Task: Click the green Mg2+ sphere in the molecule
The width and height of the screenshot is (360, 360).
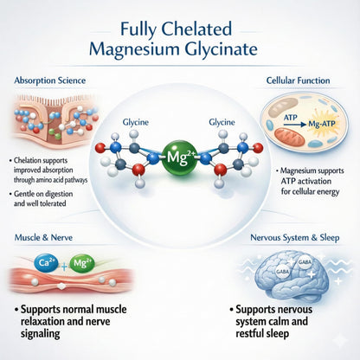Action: click(x=180, y=157)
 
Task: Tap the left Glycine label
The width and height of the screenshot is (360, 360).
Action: click(x=136, y=122)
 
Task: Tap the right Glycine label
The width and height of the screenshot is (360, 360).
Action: click(x=222, y=122)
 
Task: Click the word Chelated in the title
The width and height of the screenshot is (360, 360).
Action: click(x=196, y=29)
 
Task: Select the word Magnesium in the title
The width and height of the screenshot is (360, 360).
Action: click(x=134, y=49)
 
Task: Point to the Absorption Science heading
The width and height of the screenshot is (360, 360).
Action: click(x=50, y=80)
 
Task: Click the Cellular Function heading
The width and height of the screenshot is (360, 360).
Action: click(x=298, y=80)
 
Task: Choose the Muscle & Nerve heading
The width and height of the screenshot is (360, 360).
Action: click(x=43, y=238)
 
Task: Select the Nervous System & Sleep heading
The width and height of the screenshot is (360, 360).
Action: click(x=295, y=238)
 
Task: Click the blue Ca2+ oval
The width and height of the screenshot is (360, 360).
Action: click(x=46, y=263)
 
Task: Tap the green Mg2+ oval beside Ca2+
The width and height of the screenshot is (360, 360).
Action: click(x=82, y=263)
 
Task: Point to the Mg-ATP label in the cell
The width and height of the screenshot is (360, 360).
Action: click(x=322, y=125)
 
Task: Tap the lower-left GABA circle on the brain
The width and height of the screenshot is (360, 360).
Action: click(x=282, y=272)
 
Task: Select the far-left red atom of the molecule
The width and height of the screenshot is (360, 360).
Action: click(x=100, y=148)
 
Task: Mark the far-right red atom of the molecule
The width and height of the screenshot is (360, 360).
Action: click(x=258, y=148)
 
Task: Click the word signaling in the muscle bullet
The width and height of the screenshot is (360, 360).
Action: click(x=40, y=334)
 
